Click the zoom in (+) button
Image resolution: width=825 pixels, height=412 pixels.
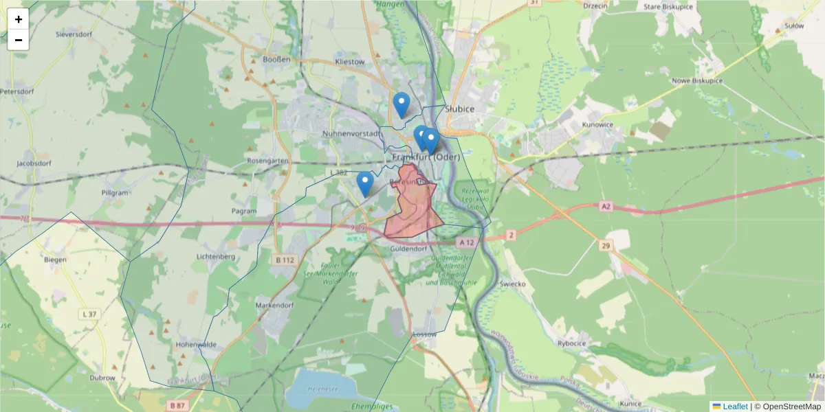[19, 19]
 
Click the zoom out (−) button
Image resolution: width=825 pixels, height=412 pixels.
[19, 41]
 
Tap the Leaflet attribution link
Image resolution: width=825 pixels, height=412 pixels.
[734, 407]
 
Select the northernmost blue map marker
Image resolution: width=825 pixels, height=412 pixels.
[401, 105]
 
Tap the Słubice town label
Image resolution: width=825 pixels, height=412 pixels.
[460, 108]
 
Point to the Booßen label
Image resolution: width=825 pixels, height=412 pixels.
[277, 59]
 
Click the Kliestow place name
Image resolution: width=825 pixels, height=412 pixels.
[349, 62]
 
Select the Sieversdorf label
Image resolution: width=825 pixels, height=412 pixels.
[74, 34]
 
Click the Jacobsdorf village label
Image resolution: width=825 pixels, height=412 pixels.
[35, 164]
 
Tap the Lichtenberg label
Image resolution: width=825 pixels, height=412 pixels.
[216, 256]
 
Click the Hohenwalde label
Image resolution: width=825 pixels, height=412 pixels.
[196, 344]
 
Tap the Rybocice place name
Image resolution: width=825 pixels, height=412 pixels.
[571, 343]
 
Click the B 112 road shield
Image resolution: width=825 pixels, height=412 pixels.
[285, 260]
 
